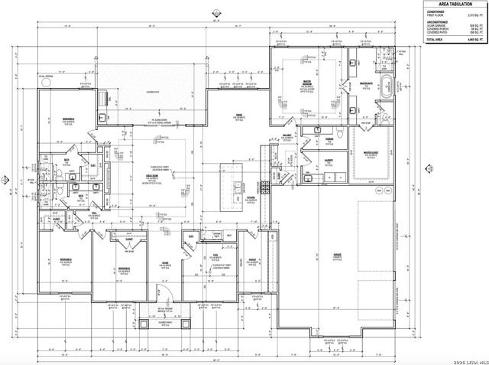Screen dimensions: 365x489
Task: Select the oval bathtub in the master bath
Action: point(387,85)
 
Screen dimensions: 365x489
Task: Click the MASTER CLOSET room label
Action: point(371,152)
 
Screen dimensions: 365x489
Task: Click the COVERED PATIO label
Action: point(153,93)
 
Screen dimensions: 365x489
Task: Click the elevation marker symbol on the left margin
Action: point(6,181)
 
